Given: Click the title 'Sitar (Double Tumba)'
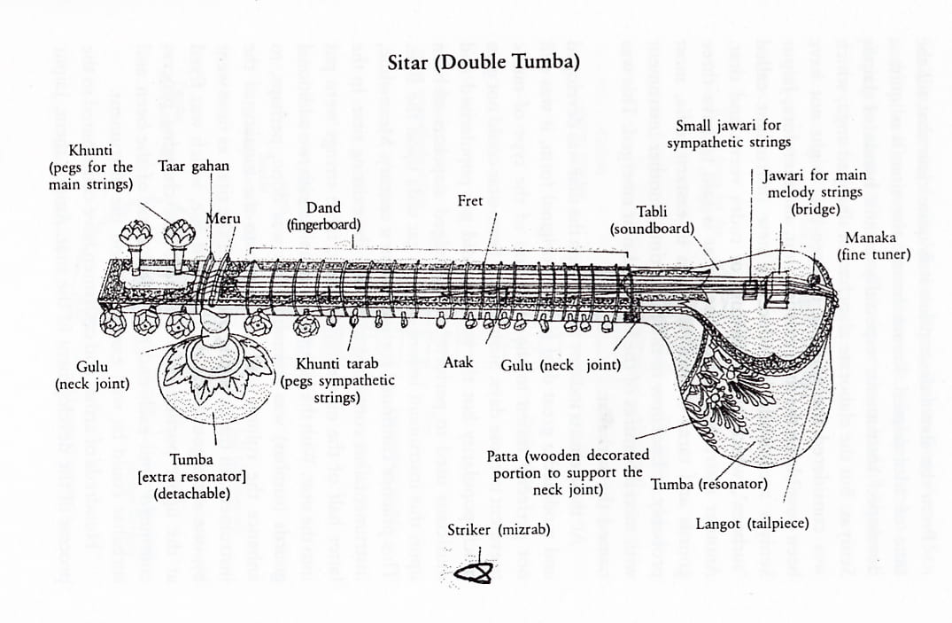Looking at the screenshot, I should [484, 63].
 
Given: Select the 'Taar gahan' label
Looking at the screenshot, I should [193, 166].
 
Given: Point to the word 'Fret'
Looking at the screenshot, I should [470, 201].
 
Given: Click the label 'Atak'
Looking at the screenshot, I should [458, 363].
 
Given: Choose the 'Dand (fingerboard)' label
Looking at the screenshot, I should [324, 216].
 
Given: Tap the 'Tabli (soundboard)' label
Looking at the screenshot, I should [652, 220].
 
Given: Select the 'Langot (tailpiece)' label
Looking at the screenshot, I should [752, 524].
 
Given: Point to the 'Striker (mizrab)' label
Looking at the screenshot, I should [499, 530].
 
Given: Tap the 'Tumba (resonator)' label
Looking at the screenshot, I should [708, 485].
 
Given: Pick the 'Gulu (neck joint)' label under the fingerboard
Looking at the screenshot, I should [561, 364].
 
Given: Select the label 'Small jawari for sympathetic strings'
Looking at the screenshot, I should [728, 134].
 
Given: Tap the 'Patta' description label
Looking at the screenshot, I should [568, 472].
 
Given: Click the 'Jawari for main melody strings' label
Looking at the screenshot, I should [814, 192].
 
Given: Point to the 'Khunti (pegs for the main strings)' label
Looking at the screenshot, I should [90, 167].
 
